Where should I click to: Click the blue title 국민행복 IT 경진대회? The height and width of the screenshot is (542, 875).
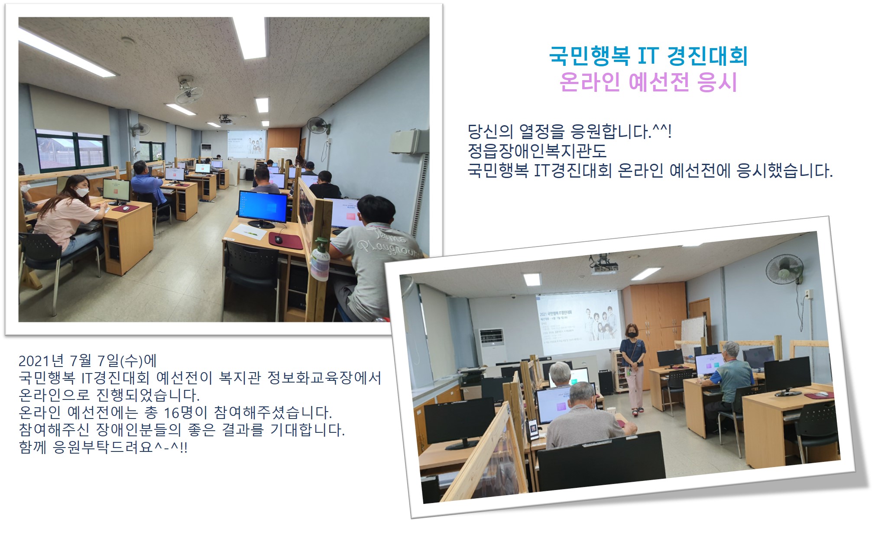pyautogui.click(x=648, y=56)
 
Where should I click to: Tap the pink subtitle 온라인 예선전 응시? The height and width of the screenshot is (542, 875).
pyautogui.click(x=648, y=82)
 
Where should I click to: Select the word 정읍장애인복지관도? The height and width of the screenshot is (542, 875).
pyautogui.click(x=537, y=151)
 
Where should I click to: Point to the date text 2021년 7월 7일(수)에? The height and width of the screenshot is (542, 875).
pyautogui.click(x=87, y=360)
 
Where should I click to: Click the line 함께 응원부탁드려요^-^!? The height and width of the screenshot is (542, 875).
pyautogui.click(x=103, y=447)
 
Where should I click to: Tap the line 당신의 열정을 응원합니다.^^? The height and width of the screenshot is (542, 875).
pyautogui.click(x=570, y=131)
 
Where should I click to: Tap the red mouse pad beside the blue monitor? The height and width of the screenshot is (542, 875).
pyautogui.click(x=285, y=240)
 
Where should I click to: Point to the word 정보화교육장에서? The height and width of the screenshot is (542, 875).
pyautogui.click(x=324, y=378)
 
